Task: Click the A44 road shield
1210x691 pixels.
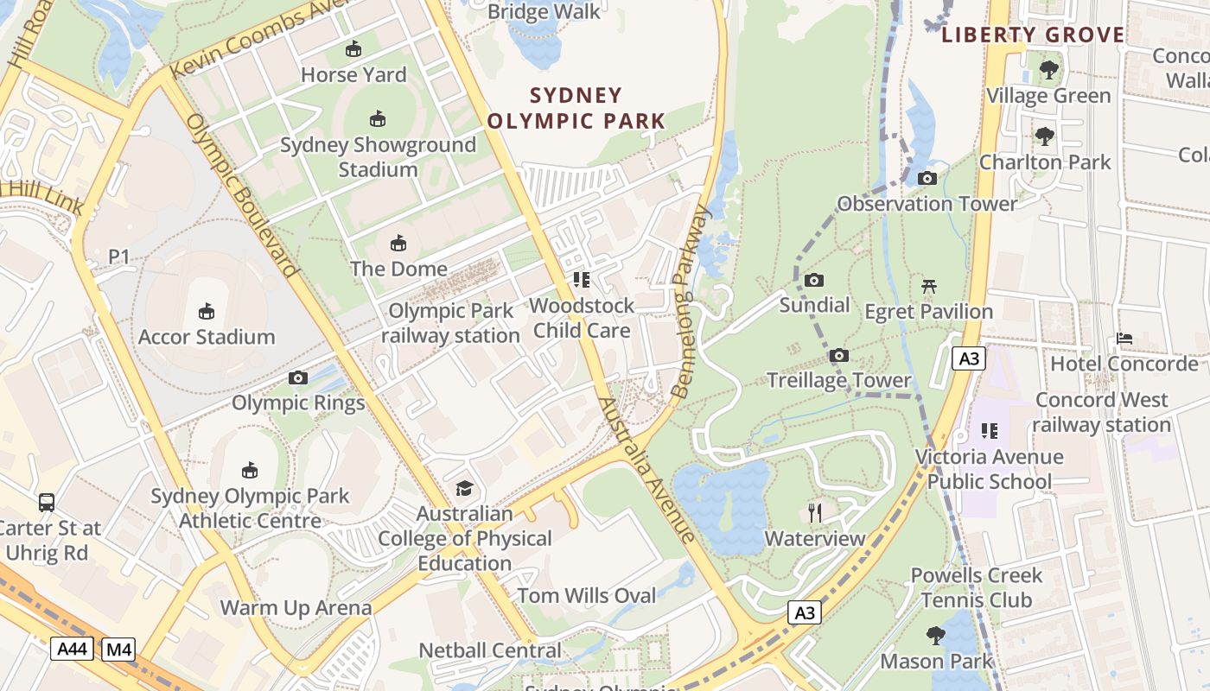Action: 71,649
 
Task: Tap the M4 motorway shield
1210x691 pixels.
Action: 118,649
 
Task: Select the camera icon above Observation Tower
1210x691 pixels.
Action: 927,179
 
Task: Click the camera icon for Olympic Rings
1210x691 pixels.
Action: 298,378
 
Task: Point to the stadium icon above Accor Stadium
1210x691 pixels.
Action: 207,311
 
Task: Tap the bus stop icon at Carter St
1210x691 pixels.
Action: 47,502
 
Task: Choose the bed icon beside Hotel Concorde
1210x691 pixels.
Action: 1124,338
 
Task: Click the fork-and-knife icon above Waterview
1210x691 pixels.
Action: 815,513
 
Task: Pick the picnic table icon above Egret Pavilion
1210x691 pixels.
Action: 929,286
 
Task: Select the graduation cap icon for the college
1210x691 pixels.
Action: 465,488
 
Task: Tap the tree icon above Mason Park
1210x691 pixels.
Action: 936,636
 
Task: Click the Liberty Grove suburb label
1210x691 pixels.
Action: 1033,35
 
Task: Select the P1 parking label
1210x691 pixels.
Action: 118,257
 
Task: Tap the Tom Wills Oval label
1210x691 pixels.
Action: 587,595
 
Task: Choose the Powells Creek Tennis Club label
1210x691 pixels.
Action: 977,587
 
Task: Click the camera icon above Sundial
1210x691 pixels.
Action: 814,281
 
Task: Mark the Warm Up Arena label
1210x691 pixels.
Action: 296,607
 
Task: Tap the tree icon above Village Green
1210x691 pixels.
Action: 1048,69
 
